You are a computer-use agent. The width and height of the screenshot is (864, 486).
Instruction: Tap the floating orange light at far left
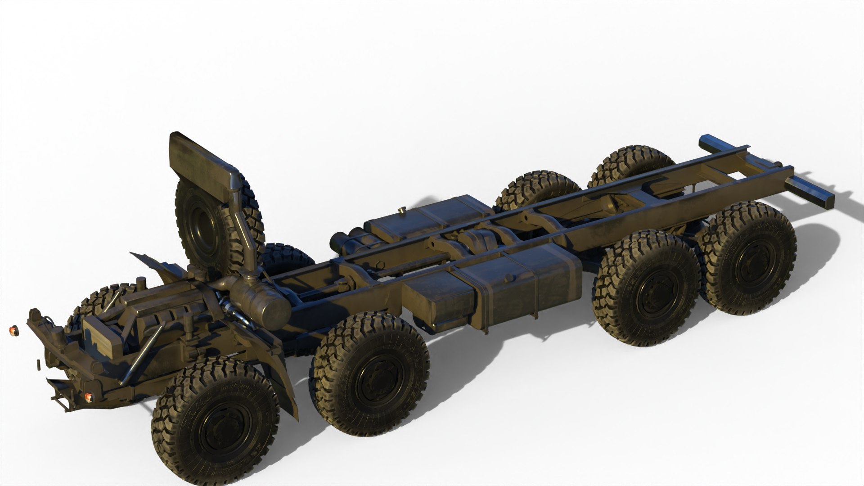coord(13,331)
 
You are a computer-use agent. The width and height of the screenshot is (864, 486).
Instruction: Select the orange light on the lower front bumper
coord(89,397)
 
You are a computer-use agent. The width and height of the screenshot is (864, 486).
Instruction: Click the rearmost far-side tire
coord(632,162)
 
